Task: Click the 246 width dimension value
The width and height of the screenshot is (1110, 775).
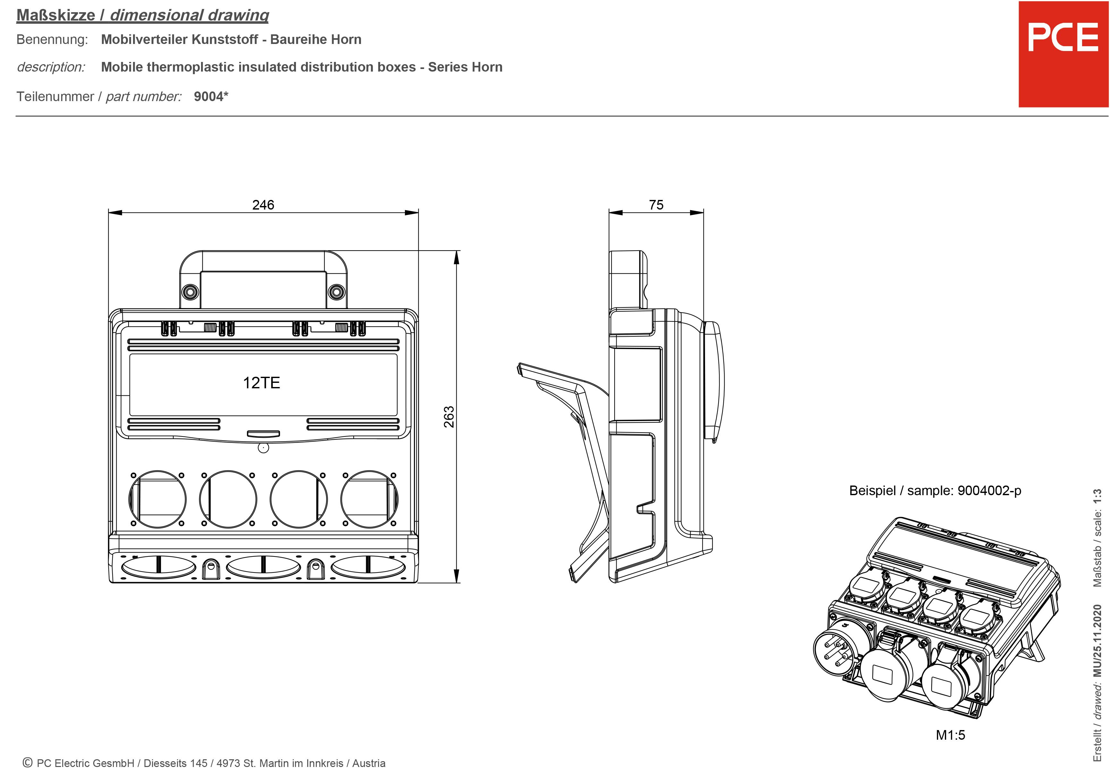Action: pyautogui.click(x=263, y=205)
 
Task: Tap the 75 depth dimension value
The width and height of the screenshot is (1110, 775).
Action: pyautogui.click(x=656, y=205)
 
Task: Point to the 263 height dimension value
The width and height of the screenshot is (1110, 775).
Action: pyautogui.click(x=449, y=417)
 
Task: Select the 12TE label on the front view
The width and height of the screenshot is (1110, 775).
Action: pyautogui.click(x=262, y=383)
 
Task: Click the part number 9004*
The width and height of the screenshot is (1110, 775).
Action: pyautogui.click(x=211, y=96)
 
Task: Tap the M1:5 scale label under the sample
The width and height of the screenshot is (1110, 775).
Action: pyautogui.click(x=950, y=735)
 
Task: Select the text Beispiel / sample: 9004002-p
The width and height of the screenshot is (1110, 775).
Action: pyautogui.click(x=935, y=491)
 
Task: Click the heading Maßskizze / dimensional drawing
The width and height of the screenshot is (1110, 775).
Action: pyautogui.click(x=143, y=15)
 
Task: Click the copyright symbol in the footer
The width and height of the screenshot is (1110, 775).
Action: pyautogui.click(x=28, y=762)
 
